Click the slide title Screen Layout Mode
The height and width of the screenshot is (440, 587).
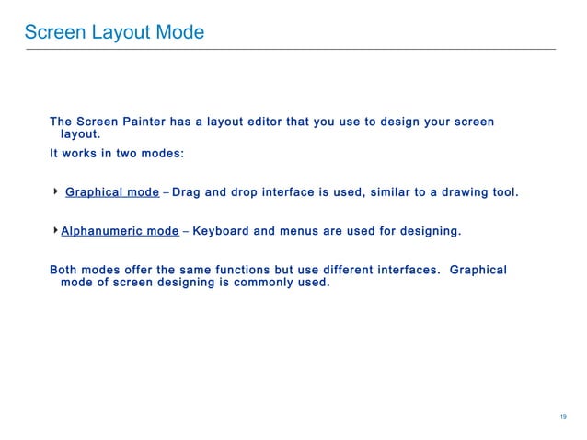[114, 33]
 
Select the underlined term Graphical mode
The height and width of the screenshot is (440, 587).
[112, 192]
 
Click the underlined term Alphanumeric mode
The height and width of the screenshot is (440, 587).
[120, 230]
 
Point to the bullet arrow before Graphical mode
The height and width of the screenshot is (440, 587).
[55, 191]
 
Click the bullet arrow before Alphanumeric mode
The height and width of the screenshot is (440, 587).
[55, 229]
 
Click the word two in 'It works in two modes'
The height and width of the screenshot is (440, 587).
[123, 154]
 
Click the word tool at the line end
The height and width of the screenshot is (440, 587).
[505, 192]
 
